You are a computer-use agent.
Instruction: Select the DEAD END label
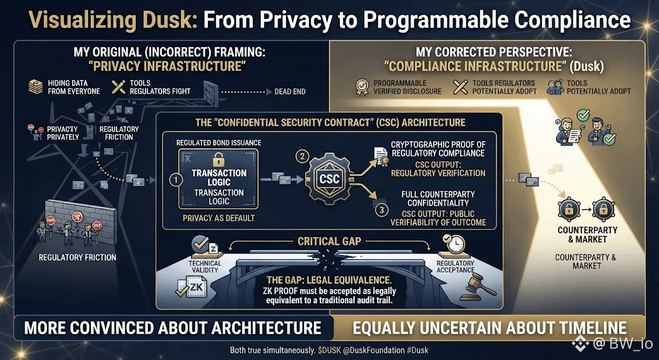click(290, 91)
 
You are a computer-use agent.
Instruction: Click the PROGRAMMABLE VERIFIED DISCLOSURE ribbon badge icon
click(361, 87)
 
